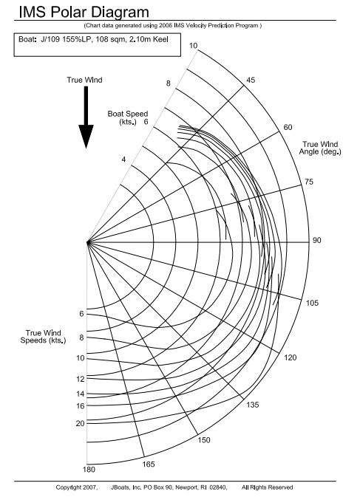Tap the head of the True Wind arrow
pos(86,137)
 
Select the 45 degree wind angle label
pos(251,80)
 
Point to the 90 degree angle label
pos(317,240)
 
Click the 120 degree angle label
pos(291,358)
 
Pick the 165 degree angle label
pos(148,465)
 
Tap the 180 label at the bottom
pos(89,470)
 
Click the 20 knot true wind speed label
pos(81,423)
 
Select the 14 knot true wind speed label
pos(81,394)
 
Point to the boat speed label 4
pos(123,160)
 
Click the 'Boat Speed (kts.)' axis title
pos(128,117)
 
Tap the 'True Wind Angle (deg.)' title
pos(320,148)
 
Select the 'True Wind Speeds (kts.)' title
pos(43,337)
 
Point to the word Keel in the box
pos(160,40)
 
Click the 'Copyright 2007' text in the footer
pos(77,487)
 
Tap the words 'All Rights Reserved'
pos(267,487)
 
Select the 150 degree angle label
pos(204,440)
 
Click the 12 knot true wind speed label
pos(81,379)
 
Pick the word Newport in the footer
pos(186,487)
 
